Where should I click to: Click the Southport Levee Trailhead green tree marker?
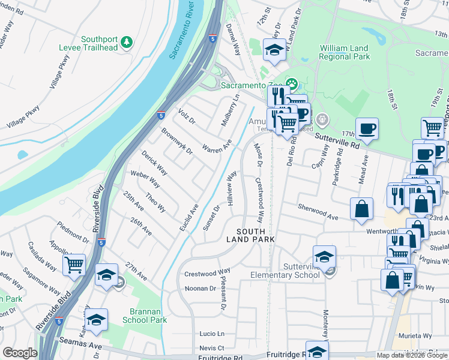pyautogui.click(x=126, y=41)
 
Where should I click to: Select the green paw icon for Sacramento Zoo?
pyautogui.click(x=291, y=83)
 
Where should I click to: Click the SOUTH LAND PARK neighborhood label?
pyautogui.click(x=250, y=235)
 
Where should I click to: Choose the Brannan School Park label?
pyautogui.click(x=148, y=316)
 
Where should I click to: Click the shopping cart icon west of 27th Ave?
pyautogui.click(x=74, y=265)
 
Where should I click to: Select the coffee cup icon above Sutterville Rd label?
pyautogui.click(x=366, y=128)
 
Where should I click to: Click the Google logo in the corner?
pyautogui.click(x=20, y=353)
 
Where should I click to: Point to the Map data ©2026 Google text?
pyautogui.click(x=412, y=355)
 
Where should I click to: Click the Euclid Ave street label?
pyautogui.click(x=188, y=218)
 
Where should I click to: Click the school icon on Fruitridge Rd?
pyautogui.click(x=317, y=351)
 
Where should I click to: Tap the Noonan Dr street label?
pyautogui.click(x=200, y=288)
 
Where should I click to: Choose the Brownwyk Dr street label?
pyautogui.click(x=176, y=140)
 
